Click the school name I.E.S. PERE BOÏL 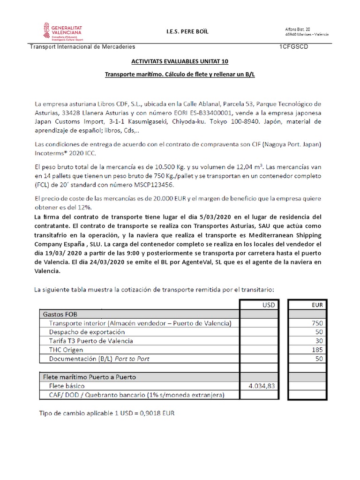[x=187, y=31]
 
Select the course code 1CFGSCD [x=293, y=47]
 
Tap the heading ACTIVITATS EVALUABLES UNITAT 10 [x=180, y=62]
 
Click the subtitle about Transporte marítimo [x=180, y=75]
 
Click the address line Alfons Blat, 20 [x=298, y=29]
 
